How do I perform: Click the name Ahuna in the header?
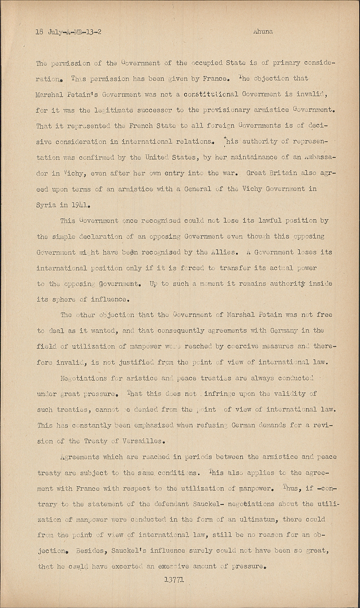pyautogui.click(x=262, y=31)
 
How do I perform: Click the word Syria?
pyautogui.click(x=45, y=205)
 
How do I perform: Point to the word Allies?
pyautogui.click(x=221, y=252)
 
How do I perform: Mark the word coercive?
pyautogui.click(x=238, y=347)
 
